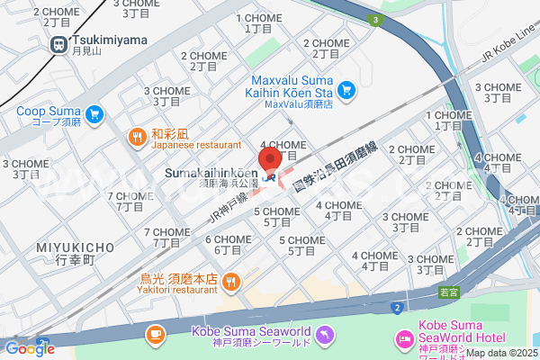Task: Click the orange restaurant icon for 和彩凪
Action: [137, 138]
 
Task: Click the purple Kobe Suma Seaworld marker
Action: [326, 336]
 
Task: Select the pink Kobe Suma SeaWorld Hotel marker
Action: [403, 337]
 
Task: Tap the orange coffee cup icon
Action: [156, 334]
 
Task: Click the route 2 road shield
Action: [395, 309]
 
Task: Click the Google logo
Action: [29, 349]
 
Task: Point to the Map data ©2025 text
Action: [499, 352]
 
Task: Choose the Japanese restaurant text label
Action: [195, 144]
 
